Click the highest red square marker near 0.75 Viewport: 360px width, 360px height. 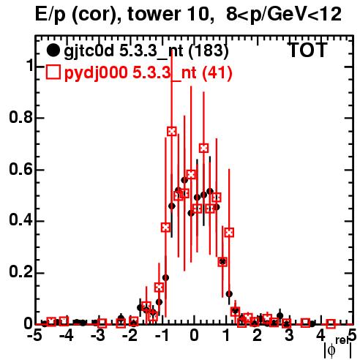[172, 132]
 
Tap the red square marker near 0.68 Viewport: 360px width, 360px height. [204, 148]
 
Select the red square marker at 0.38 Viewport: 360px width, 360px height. [165, 228]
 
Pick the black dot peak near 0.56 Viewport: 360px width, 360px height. [184, 180]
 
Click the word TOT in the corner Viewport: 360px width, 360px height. [307, 50]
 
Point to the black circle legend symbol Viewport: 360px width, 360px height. [53, 50]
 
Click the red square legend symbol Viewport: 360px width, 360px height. [53, 72]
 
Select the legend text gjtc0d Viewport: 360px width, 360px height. [89, 52]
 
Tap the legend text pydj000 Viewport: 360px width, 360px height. [96, 73]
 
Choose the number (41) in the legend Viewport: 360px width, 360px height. [217, 72]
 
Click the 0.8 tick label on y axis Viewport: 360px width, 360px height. [20, 117]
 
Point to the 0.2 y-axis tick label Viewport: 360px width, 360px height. [20, 272]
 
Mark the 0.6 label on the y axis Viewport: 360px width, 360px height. [20, 169]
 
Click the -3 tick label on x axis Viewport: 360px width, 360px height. [98, 335]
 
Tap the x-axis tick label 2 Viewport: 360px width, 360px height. [258, 335]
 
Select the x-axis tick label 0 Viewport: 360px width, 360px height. [194, 335]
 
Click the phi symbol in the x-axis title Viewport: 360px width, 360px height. [331, 350]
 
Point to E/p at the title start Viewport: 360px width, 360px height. [50, 15]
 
